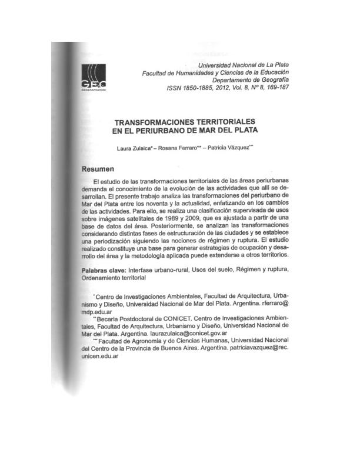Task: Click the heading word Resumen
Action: [98, 169]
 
